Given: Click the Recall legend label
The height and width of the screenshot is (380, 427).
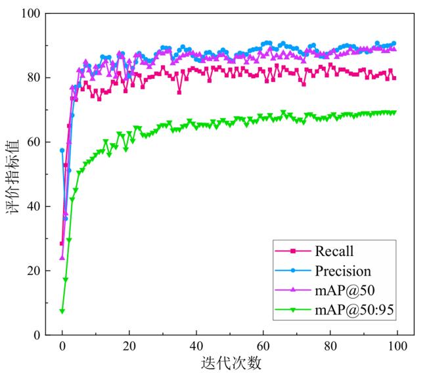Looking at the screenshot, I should tap(334, 251).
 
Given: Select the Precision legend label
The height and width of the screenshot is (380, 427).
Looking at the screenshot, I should tap(343, 271).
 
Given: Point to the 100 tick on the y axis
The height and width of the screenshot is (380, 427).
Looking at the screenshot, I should tap(31, 14).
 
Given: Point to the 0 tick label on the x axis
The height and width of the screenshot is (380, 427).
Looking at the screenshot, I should tap(62, 347).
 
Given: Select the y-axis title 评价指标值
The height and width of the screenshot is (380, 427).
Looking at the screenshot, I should tap(12, 173).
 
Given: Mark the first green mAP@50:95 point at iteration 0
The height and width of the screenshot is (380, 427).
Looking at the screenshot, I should tap(62, 311).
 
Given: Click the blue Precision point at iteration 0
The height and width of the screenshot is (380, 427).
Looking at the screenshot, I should tap(62, 150).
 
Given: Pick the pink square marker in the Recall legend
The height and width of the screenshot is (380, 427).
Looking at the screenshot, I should tap(293, 251).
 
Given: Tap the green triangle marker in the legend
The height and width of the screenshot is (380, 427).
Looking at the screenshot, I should tap(293, 310).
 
